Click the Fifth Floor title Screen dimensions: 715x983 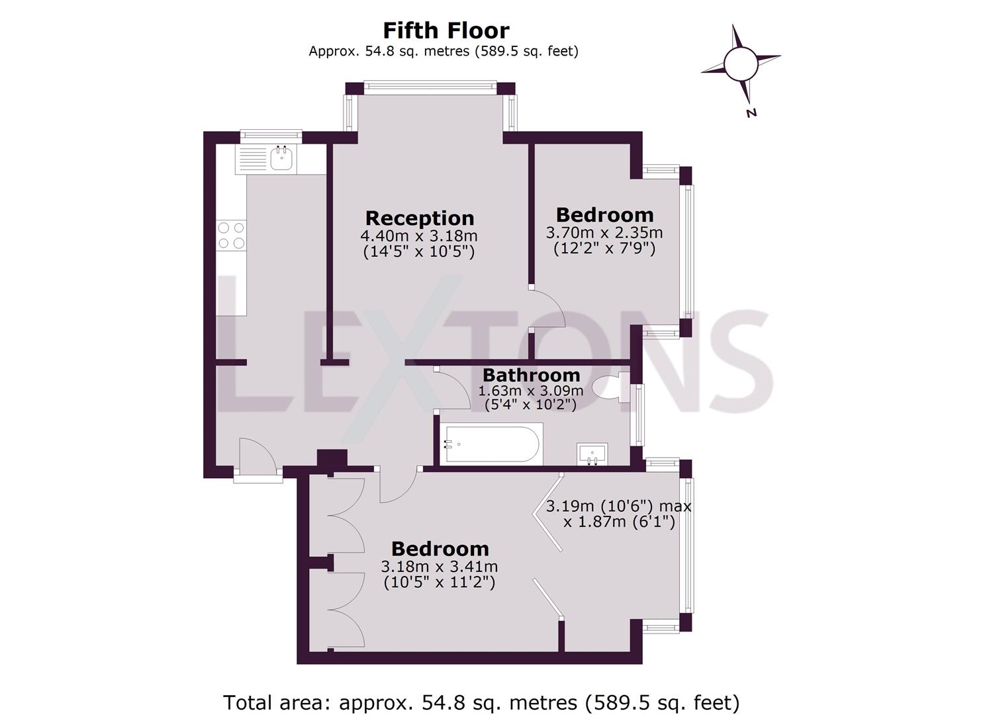[x=446, y=30]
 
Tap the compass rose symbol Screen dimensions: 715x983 [x=740, y=64]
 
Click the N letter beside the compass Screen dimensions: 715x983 [x=751, y=113]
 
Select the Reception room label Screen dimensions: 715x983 [x=420, y=218]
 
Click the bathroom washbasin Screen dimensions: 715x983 [x=591, y=455]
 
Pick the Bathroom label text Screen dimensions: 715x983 [x=531, y=375]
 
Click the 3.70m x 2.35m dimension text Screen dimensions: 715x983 [x=604, y=233]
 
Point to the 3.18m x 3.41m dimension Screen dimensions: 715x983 [x=440, y=567]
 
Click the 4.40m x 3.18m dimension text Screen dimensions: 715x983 [x=419, y=236]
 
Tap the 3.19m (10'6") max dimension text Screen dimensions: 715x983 [x=618, y=506]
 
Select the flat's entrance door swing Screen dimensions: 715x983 [x=257, y=455]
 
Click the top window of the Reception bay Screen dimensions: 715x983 [x=430, y=85]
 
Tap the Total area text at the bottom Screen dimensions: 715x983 [x=481, y=702]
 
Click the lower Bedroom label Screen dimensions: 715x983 [x=440, y=549]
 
